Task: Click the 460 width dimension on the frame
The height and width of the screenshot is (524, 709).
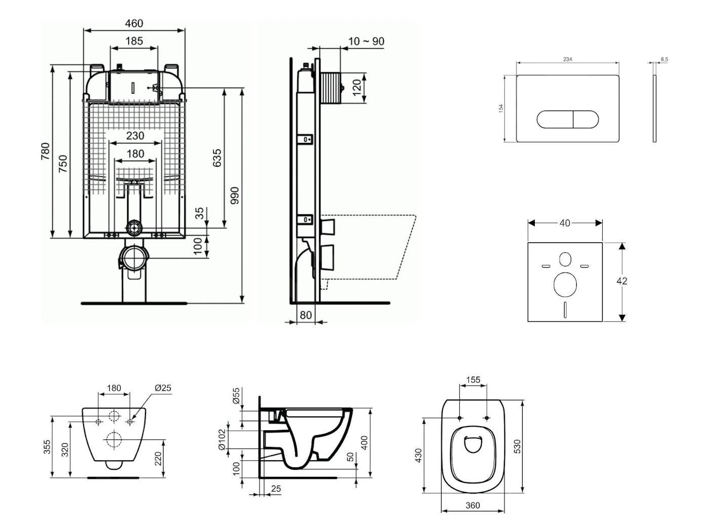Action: [134, 23]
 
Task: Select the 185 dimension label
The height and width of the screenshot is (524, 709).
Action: [134, 41]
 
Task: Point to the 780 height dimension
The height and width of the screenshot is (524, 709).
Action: [46, 152]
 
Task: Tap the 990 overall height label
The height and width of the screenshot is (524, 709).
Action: [234, 196]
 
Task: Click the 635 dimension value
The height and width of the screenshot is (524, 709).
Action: [217, 158]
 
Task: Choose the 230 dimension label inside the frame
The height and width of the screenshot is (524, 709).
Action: [135, 136]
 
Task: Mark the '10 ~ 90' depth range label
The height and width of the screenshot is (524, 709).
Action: [366, 42]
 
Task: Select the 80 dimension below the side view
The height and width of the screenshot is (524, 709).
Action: [305, 315]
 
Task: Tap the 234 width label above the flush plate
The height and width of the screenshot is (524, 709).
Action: [567, 59]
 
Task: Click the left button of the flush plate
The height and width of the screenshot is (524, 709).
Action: [555, 120]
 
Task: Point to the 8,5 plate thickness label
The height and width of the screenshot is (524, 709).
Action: [664, 59]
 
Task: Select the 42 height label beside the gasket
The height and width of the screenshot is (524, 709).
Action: [622, 281]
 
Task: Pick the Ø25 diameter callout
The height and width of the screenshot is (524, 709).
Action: [163, 388]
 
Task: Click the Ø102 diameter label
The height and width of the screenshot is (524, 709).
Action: [221, 440]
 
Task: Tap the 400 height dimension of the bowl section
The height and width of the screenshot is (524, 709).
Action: [364, 442]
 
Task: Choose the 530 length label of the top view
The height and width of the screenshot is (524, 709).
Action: [517, 446]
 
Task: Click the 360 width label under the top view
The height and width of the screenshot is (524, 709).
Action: [472, 505]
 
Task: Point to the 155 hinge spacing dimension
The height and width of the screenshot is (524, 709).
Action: [472, 380]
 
